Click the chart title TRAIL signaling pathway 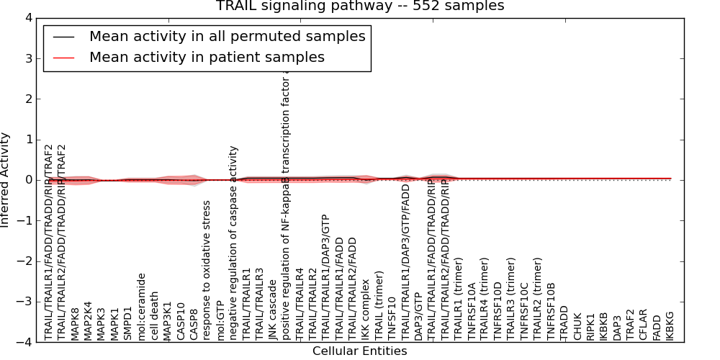[360, 6]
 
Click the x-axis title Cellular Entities [359, 351]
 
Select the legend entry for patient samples [207, 57]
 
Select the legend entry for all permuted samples [227, 36]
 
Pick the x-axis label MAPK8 [75, 320]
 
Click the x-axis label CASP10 [180, 318]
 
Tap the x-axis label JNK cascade [272, 309]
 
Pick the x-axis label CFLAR [642, 325]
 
